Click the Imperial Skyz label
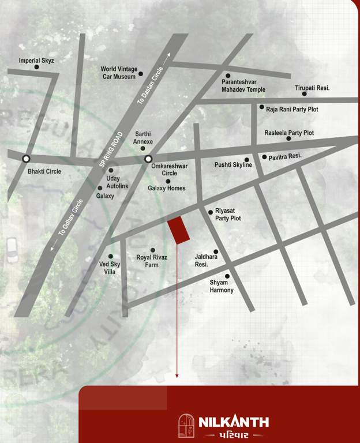pyautogui.click(x=36, y=61)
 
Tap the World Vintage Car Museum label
pyautogui.click(x=119, y=73)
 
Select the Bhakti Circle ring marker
pyautogui.click(x=26, y=159)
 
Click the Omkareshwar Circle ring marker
pyautogui.click(x=148, y=159)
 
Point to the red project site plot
pyautogui.click(x=179, y=230)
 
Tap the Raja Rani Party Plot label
pyautogui.click(x=292, y=109)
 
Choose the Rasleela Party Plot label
pyautogui.click(x=289, y=133)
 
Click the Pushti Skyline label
pyautogui.click(x=233, y=165)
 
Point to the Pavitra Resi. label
pyautogui.click(x=286, y=156)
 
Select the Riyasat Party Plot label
pyautogui.click(x=228, y=215)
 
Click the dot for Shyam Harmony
pyautogui.click(x=227, y=276)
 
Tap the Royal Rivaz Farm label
pyautogui.click(x=152, y=261)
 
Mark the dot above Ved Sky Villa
pyautogui.click(x=111, y=257)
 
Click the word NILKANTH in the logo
pyautogui.click(x=234, y=422)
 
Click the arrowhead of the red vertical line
pyautogui.click(x=177, y=376)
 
